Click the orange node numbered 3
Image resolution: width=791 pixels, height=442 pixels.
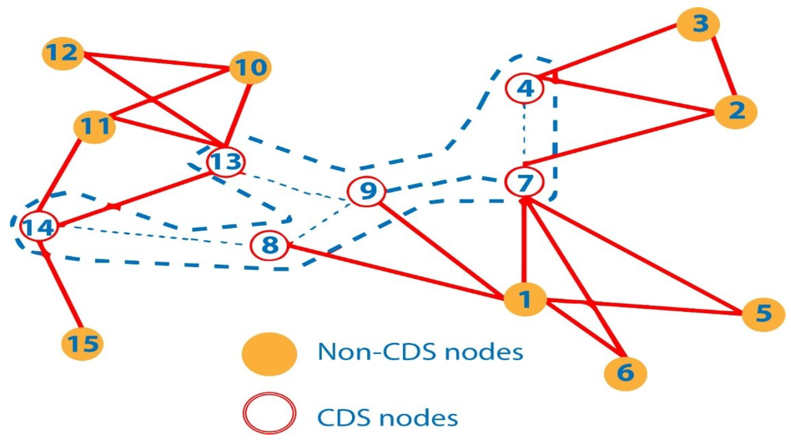tap(698, 24)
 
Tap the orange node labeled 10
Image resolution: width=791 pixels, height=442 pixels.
tap(250, 68)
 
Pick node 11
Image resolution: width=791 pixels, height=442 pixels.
tap(94, 126)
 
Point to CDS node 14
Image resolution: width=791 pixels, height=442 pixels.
tap(39, 226)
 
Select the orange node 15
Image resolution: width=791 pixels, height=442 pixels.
tap(82, 344)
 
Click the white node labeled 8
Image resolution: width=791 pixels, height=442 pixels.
tap(269, 245)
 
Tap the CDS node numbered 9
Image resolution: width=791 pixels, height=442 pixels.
tap(366, 191)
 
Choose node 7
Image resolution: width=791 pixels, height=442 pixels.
tap(525, 183)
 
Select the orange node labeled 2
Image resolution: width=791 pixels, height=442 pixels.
tap(736, 112)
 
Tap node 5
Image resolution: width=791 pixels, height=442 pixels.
tap(763, 314)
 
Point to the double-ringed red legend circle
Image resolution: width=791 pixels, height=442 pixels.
tap(269, 413)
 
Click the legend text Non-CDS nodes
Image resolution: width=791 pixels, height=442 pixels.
tap(420, 352)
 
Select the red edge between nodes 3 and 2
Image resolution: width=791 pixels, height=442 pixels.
tap(723, 67)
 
